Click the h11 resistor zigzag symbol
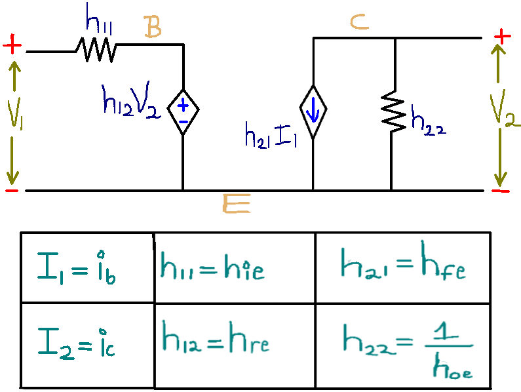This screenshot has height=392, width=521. click(96, 49)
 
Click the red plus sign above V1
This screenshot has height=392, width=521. click(12, 46)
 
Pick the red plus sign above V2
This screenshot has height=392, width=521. click(501, 37)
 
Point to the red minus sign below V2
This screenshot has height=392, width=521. click(501, 190)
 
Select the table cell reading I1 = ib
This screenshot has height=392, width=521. click(87, 267)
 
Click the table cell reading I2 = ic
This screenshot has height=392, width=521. click(87, 344)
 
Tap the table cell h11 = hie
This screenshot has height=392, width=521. click(235, 267)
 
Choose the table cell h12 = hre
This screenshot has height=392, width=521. click(235, 344)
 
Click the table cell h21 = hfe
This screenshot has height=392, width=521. click(402, 267)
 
